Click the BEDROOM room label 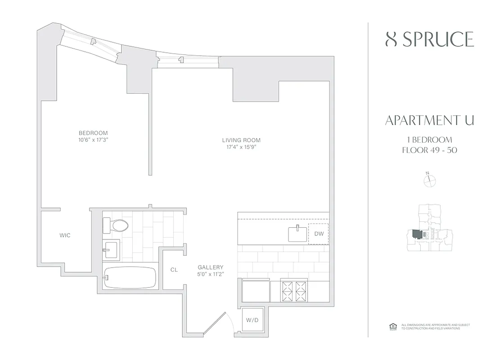pos(93,133)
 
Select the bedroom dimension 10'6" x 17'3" pos(94,139)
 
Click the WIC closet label pos(65,235)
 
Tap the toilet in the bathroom pos(116,225)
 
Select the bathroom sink pos(111,249)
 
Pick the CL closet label pos(174,270)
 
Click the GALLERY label pos(211,267)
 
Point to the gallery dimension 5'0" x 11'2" pos(211,274)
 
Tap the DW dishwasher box pos(319,234)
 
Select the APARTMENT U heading pos(429,121)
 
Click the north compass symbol pos(430,180)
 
